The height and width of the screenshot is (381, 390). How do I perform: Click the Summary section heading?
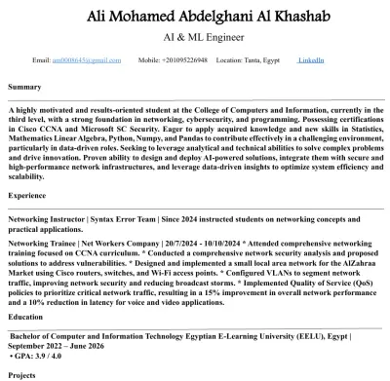coord(25,88)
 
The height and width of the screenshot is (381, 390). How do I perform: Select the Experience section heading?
coord(27,196)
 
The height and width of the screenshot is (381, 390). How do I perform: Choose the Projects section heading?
coord(23,373)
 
